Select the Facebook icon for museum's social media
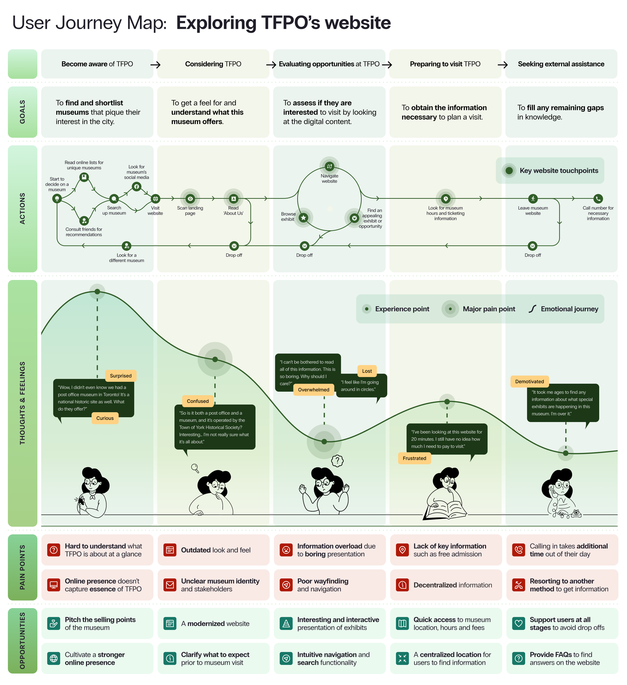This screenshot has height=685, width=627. [136, 186]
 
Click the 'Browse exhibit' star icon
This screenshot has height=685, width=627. [303, 218]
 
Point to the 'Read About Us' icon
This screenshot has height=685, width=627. [233, 199]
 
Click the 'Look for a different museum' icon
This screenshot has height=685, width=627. [126, 245]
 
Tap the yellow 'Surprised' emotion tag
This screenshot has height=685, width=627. [121, 375]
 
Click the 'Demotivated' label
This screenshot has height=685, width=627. [529, 381]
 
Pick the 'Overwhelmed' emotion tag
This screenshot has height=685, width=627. [314, 389]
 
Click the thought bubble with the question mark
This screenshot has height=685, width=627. [337, 461]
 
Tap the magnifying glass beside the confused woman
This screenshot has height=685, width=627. [195, 468]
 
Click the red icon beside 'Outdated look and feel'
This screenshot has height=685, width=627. [170, 550]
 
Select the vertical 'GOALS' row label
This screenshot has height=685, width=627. [22, 112]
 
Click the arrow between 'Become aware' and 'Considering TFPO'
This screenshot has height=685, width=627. [155, 65]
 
